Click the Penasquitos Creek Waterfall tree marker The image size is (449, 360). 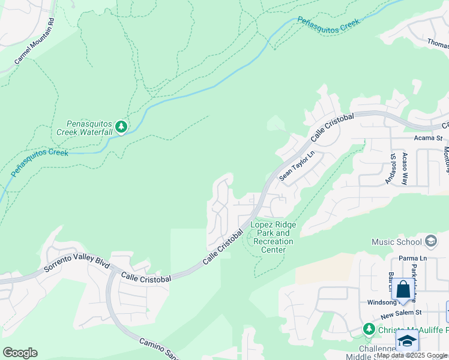tap(121, 126)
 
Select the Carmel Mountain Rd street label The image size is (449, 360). tap(35, 41)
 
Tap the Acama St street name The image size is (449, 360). tap(428, 138)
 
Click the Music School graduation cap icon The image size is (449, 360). tap(430, 241)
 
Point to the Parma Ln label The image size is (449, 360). tap(412, 259)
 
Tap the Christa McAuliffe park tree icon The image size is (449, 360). tap(369, 329)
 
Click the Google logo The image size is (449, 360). tap(20, 353)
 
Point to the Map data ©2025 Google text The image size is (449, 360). tap(412, 355)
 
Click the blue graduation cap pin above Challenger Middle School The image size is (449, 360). tap(407, 340)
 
